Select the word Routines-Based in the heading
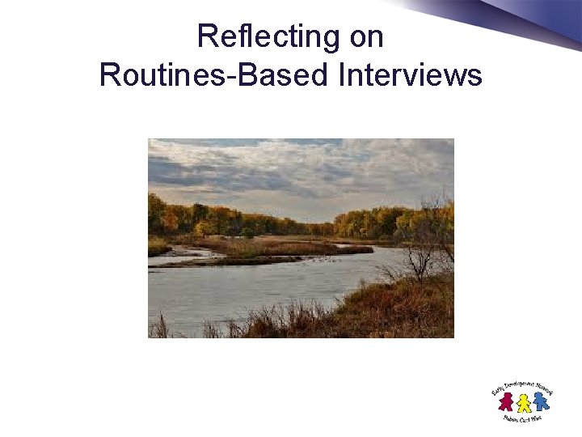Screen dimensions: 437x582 tap(214, 75)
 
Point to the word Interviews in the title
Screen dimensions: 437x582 tap(411, 75)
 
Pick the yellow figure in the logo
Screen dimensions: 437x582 tap(524, 403)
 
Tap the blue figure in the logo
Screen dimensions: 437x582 tap(540, 401)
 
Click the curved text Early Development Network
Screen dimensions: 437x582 tap(521, 385)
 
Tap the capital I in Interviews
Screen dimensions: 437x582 tap(343, 75)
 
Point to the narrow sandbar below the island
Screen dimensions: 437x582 tap(242, 261)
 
